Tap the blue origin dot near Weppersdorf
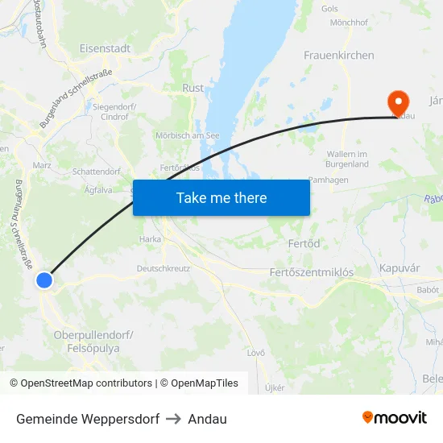[44, 280]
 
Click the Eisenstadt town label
[105, 48]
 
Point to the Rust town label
[193, 88]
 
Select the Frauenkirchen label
[338, 56]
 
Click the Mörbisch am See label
[188, 135]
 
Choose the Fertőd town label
[304, 243]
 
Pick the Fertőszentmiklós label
[311, 273]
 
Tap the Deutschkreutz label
[164, 268]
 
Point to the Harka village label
[150, 239]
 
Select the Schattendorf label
[96, 172]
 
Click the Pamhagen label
[329, 180]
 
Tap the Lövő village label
[256, 353]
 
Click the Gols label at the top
[329, 9]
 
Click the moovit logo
[395, 418]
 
